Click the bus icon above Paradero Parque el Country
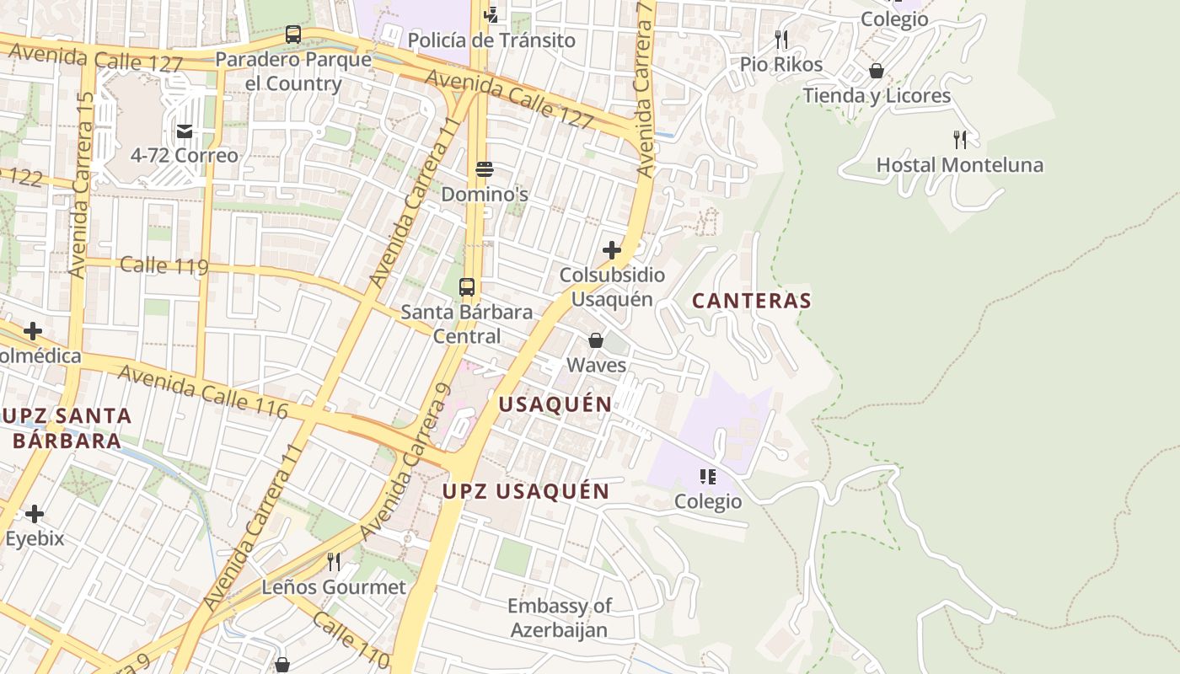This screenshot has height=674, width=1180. [x=293, y=35]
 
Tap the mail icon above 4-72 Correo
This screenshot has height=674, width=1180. [x=185, y=131]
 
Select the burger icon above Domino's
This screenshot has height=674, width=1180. [x=484, y=169]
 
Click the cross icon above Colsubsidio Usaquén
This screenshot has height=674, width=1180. [x=612, y=250]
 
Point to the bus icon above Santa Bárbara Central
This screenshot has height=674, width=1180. [x=467, y=286]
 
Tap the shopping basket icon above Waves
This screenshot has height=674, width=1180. [x=596, y=340]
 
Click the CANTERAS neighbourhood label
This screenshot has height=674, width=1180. [x=752, y=301]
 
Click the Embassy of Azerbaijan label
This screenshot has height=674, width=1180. [x=559, y=618]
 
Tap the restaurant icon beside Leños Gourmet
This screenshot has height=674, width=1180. [x=334, y=562]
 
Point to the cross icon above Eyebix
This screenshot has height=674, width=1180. [x=35, y=514]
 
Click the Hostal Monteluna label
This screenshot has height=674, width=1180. [x=959, y=165]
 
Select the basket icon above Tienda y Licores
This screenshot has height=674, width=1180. [x=877, y=71]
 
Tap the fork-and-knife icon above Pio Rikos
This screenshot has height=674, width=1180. [x=781, y=39]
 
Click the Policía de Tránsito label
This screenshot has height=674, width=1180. [x=491, y=40]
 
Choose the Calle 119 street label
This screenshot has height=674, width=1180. [x=164, y=266]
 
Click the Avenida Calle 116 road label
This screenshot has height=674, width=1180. [x=202, y=391]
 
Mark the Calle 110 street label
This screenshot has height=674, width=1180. [x=350, y=640]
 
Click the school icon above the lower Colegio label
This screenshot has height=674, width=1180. [x=708, y=477]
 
